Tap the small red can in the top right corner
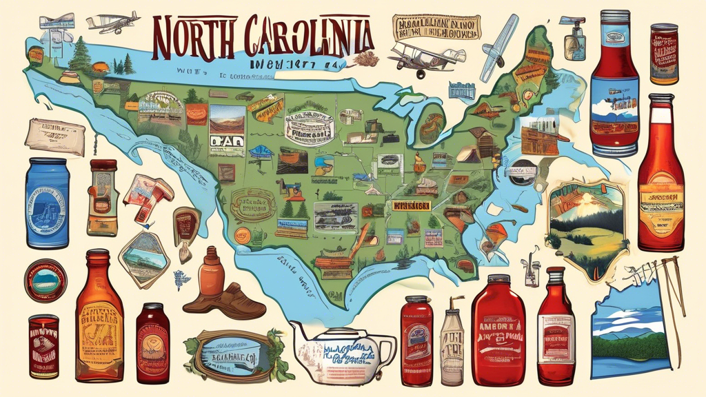[663, 54]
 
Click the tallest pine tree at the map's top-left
[81, 55]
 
